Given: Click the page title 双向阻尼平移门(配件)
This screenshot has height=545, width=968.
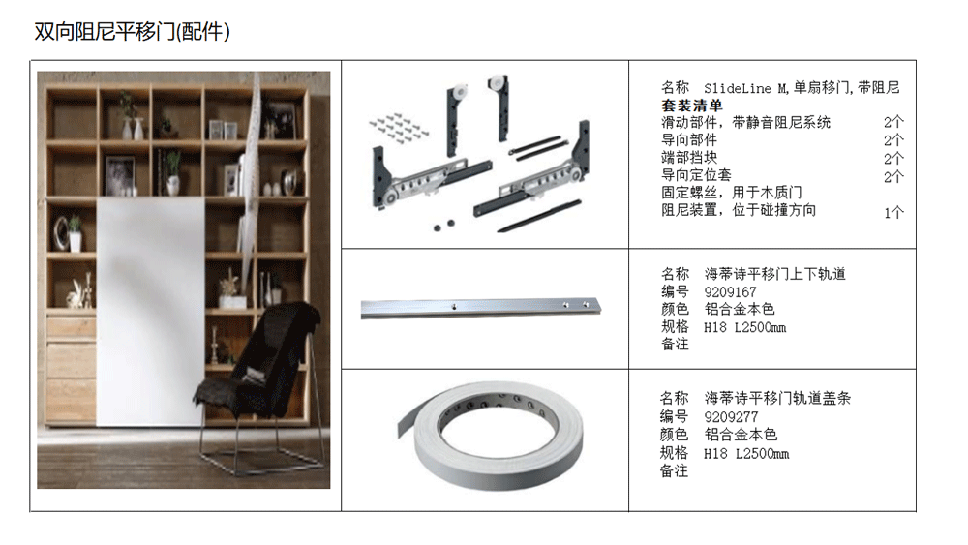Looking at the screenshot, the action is pyautogui.click(x=132, y=31).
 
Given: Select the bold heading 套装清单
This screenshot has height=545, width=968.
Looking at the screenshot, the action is pyautogui.click(x=691, y=106).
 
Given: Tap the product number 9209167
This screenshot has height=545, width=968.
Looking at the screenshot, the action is pyautogui.click(x=730, y=292).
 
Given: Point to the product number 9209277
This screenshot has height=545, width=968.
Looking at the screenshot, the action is pyautogui.click(x=731, y=417).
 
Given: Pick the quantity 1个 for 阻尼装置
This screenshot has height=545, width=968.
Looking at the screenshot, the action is pyautogui.click(x=893, y=213).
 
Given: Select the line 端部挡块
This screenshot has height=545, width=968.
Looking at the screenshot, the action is pyautogui.click(x=689, y=158).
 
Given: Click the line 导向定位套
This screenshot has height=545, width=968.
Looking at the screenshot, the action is pyautogui.click(x=696, y=175).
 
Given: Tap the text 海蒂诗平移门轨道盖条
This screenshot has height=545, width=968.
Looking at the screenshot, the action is pyautogui.click(x=778, y=399).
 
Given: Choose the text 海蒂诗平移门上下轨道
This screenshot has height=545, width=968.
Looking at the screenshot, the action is pyautogui.click(x=774, y=274).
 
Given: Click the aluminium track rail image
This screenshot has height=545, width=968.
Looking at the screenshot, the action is pyautogui.click(x=480, y=308).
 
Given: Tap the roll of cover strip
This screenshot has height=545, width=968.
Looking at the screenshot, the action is pyautogui.click(x=491, y=435).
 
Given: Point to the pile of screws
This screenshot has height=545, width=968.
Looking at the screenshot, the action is pyautogui.click(x=399, y=127).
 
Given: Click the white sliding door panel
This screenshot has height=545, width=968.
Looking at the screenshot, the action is pyautogui.click(x=150, y=312).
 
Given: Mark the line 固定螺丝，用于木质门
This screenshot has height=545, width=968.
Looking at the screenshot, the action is pyautogui.click(x=732, y=193).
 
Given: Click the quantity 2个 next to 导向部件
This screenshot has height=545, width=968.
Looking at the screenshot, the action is pyautogui.click(x=893, y=140).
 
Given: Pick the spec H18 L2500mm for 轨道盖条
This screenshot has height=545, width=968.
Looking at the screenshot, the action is pyautogui.click(x=746, y=454).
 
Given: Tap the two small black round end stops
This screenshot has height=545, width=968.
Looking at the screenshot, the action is pyautogui.click(x=444, y=226).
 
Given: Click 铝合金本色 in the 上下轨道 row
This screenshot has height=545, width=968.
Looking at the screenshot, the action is pyautogui.click(x=740, y=309).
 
